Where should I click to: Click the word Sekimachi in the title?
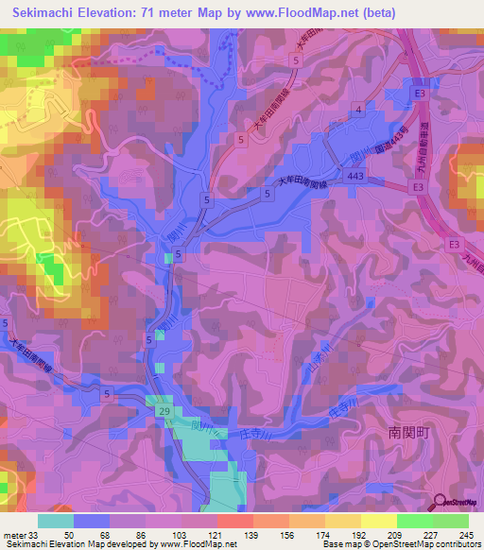(x=46, y=13)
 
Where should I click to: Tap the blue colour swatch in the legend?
(x=92, y=521)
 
